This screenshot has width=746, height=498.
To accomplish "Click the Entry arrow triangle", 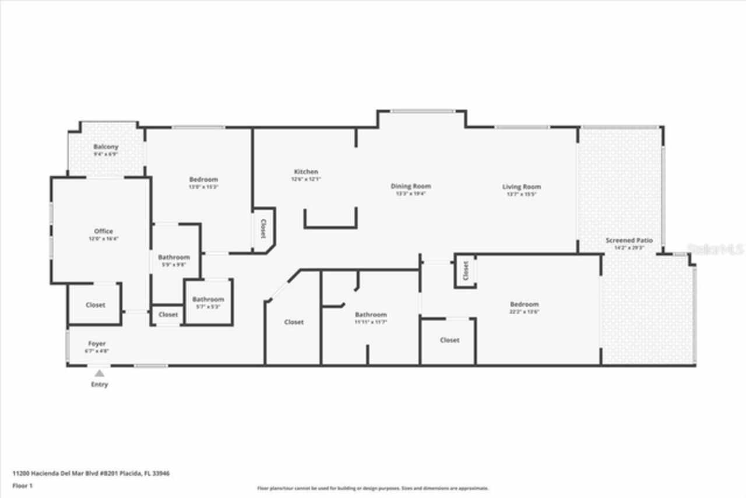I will point(100,373).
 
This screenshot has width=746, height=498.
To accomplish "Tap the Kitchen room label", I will point(306,172).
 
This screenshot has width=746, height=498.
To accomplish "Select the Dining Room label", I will point(411,187).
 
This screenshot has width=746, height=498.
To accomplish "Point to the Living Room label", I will point(522,187).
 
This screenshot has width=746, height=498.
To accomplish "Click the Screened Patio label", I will point(629,240).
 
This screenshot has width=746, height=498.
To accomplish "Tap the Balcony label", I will point(106,147).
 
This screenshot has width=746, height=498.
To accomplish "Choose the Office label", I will point(103,232).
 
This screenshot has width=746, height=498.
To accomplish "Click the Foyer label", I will point(97,344).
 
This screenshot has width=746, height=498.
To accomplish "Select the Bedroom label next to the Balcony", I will point(203,180).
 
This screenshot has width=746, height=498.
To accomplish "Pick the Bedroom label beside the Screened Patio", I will point(524,304).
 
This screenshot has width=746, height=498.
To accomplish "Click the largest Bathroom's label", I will point(371,315).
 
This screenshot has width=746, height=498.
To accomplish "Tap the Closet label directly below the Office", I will point(96,305).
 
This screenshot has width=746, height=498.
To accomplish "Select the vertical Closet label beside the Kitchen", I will point(263,229).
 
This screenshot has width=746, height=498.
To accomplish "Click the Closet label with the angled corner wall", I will point(294,322).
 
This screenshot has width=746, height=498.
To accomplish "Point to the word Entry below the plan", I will point(99,385).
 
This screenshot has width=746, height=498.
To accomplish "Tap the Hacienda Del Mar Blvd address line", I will point(91,474).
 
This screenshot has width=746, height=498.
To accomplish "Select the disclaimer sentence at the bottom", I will point(373,488).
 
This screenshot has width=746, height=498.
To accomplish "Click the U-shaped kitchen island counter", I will point(330,225).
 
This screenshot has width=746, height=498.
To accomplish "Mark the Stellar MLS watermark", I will point(716,249).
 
